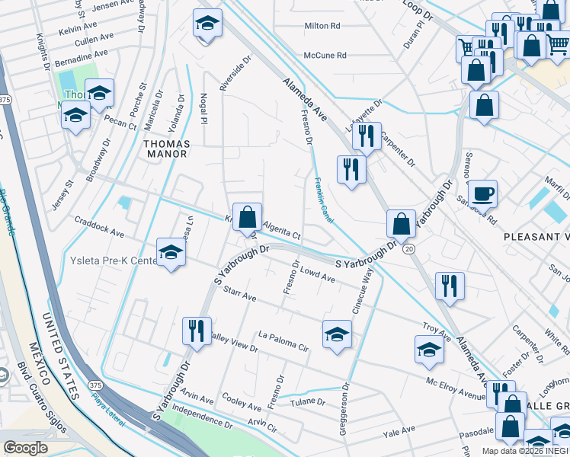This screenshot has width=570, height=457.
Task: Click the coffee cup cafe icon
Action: pos(482,193)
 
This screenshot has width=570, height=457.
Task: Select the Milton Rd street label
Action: pos(322,25)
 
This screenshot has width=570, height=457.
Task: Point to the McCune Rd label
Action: pos(325,55)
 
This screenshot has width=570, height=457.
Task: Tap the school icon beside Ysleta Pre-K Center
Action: pos(171,253)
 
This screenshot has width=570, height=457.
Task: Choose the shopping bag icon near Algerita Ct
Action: pos(248,217)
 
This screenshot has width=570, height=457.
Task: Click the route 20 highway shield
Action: pos(410,249)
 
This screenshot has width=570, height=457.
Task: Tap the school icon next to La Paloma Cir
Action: pos(336,334)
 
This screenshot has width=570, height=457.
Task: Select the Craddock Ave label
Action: pos(99,225)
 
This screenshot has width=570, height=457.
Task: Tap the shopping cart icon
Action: pos(466,48)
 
